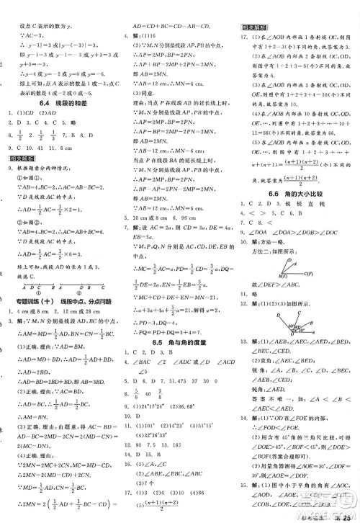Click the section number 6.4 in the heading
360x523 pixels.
(35, 102)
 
